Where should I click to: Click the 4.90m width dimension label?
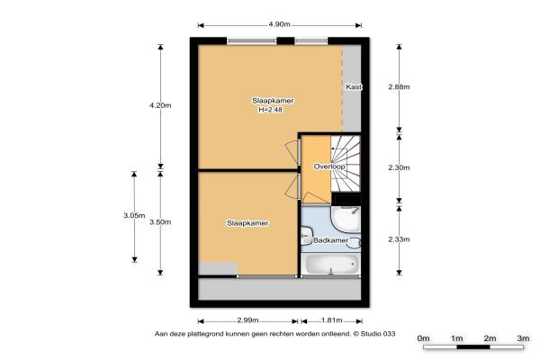click(279, 24)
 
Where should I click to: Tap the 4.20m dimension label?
click(160, 105)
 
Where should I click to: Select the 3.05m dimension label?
click(134, 216)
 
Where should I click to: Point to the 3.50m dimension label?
click(160, 222)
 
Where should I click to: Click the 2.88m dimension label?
click(399, 86)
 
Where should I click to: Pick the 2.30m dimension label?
click(399, 167)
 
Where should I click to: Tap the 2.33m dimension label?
click(399, 239)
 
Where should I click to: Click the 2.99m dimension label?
click(247, 320)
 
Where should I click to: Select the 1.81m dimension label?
click(331, 320)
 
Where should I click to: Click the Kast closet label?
click(354, 86)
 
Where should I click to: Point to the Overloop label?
click(329, 166)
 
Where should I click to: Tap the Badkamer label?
click(330, 240)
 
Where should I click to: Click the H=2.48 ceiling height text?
click(271, 110)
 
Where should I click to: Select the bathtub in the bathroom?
click(331, 265)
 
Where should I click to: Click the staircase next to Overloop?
click(346, 163)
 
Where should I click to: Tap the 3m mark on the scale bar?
click(523, 338)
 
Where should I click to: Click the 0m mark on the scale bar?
click(423, 338)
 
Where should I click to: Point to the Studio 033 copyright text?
click(374, 334)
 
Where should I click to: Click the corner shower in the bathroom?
click(346, 220)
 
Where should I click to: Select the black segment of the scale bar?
click(473, 346)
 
